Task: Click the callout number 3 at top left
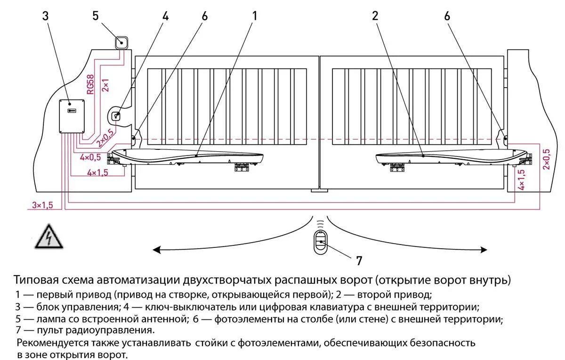click(x=45, y=16)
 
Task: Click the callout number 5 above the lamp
click(x=96, y=16)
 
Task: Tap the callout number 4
click(x=165, y=16)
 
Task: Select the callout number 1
click(x=255, y=16)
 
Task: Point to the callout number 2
click(x=375, y=16)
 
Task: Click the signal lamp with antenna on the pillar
click(x=121, y=43)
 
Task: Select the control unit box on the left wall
click(x=71, y=116)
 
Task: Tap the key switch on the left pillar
click(x=116, y=115)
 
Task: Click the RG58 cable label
click(x=90, y=83)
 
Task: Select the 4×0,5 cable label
click(x=90, y=157)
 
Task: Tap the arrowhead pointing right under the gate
click(x=484, y=250)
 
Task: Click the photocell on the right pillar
click(x=505, y=139)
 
